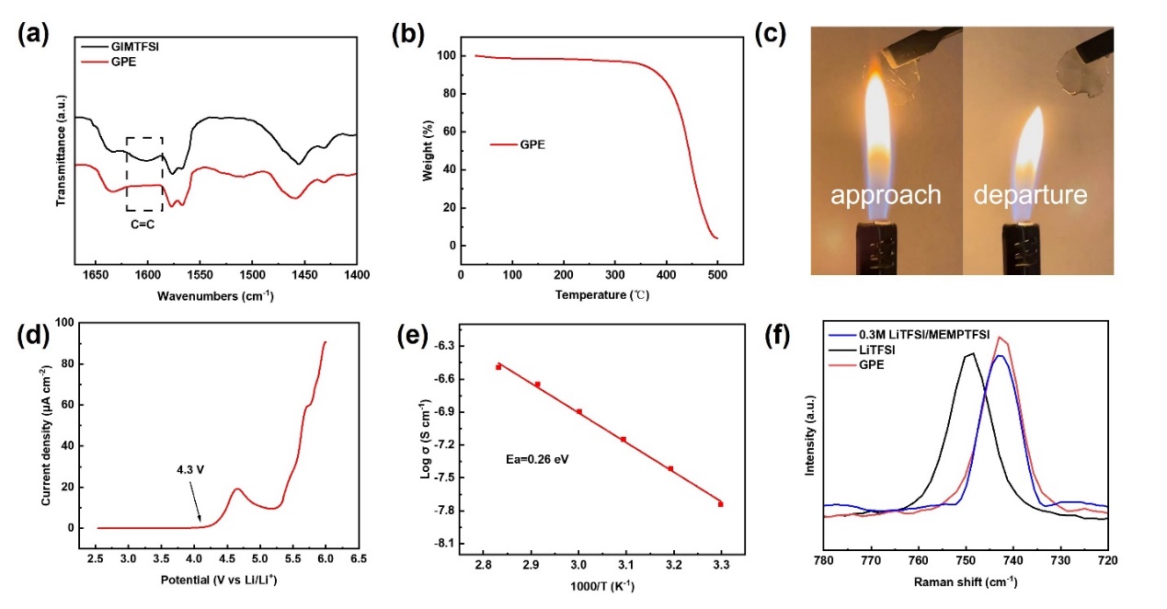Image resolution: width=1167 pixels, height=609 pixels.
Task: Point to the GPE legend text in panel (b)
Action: (x=532, y=144)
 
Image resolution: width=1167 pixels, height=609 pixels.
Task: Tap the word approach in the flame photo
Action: (x=886, y=195)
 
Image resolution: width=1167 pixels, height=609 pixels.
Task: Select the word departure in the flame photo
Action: (x=1030, y=195)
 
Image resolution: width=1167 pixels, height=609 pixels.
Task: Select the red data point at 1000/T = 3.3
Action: (x=720, y=504)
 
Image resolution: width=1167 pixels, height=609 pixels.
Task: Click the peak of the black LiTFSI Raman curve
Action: (x=969, y=354)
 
